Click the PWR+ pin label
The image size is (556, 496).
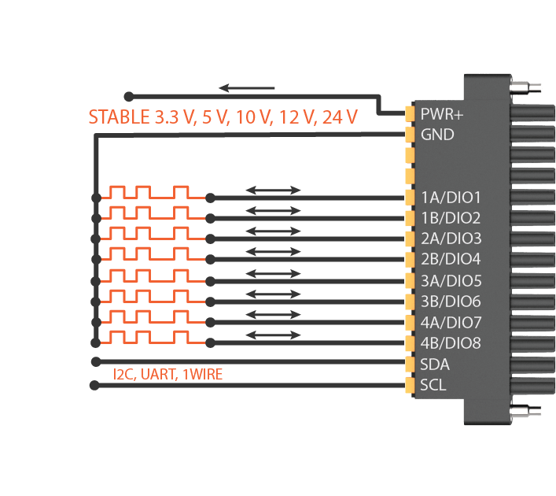442,113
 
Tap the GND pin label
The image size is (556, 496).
437,135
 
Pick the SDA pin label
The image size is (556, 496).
435,364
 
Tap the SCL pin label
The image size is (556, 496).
433,385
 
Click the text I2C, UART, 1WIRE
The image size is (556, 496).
168,375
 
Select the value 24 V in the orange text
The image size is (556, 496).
339,118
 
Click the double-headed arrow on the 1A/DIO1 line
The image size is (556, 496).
273,190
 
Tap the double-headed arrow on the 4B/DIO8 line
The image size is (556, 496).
273,335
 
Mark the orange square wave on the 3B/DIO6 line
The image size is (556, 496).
149,296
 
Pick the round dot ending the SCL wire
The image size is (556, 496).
95,385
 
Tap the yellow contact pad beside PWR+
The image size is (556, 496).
409,113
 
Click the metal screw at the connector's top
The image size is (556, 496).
528,87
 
